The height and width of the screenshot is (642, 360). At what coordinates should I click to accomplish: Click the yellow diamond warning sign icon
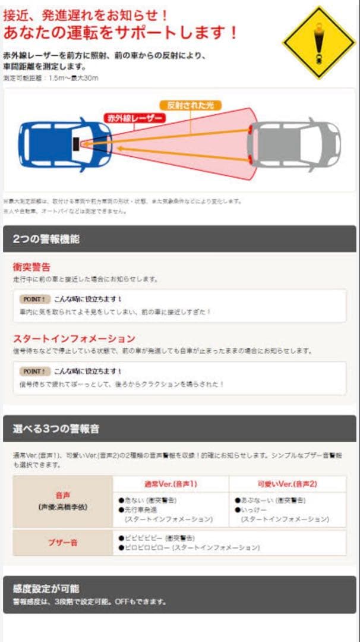point(319,42)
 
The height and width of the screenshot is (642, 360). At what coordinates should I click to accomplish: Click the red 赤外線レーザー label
point(134,118)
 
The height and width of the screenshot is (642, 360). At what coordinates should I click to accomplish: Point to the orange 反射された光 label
point(190,105)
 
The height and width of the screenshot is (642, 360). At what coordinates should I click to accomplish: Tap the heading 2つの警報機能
point(46,240)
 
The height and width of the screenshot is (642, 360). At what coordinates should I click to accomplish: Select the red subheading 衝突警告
point(31,267)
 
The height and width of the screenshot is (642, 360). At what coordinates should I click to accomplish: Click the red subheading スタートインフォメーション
point(74,338)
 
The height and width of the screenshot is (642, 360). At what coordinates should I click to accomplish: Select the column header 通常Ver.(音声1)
point(170,484)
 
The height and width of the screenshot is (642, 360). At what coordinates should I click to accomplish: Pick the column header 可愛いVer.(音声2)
point(287,484)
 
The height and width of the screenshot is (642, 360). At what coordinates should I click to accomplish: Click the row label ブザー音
point(62,542)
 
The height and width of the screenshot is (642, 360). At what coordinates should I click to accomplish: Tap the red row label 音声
point(62,495)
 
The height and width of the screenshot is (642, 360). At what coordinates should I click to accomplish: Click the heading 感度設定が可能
point(46,588)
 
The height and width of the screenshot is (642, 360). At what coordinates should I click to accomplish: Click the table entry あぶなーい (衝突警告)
point(270,501)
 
